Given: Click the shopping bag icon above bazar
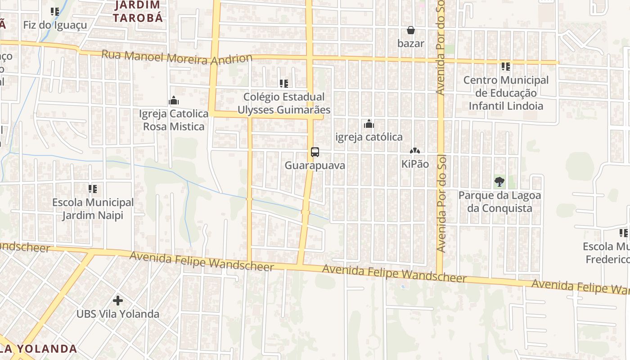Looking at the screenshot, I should coord(410,31).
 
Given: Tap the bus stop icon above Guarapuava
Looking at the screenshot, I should coord(315,152).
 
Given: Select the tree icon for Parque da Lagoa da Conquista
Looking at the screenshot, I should coord(499,182).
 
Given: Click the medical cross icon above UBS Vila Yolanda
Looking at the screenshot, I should coord(118,300).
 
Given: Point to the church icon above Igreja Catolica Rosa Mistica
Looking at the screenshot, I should coord(174,101).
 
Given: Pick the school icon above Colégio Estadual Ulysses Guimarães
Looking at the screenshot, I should coord(283,84).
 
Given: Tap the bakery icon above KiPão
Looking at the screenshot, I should coord(414,151).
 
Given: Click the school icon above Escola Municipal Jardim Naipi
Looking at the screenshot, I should coord(93,189).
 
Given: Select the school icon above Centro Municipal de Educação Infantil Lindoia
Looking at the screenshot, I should coord(506,67).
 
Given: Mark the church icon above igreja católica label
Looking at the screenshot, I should coord(369,124).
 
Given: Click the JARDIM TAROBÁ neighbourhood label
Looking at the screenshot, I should coord(138,12).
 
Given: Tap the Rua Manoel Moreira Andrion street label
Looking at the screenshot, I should coord(177,57).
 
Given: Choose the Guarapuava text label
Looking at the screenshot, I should coord(315,165).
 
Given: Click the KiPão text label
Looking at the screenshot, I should coord(415,164).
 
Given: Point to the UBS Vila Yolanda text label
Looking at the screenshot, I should coord(118,314).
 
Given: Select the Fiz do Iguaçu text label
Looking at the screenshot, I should coord(55,25).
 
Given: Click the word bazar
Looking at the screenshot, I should coord(411,44).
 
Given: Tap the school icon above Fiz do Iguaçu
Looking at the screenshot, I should coord(55,12).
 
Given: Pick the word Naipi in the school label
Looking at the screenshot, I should coord(109,215).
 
